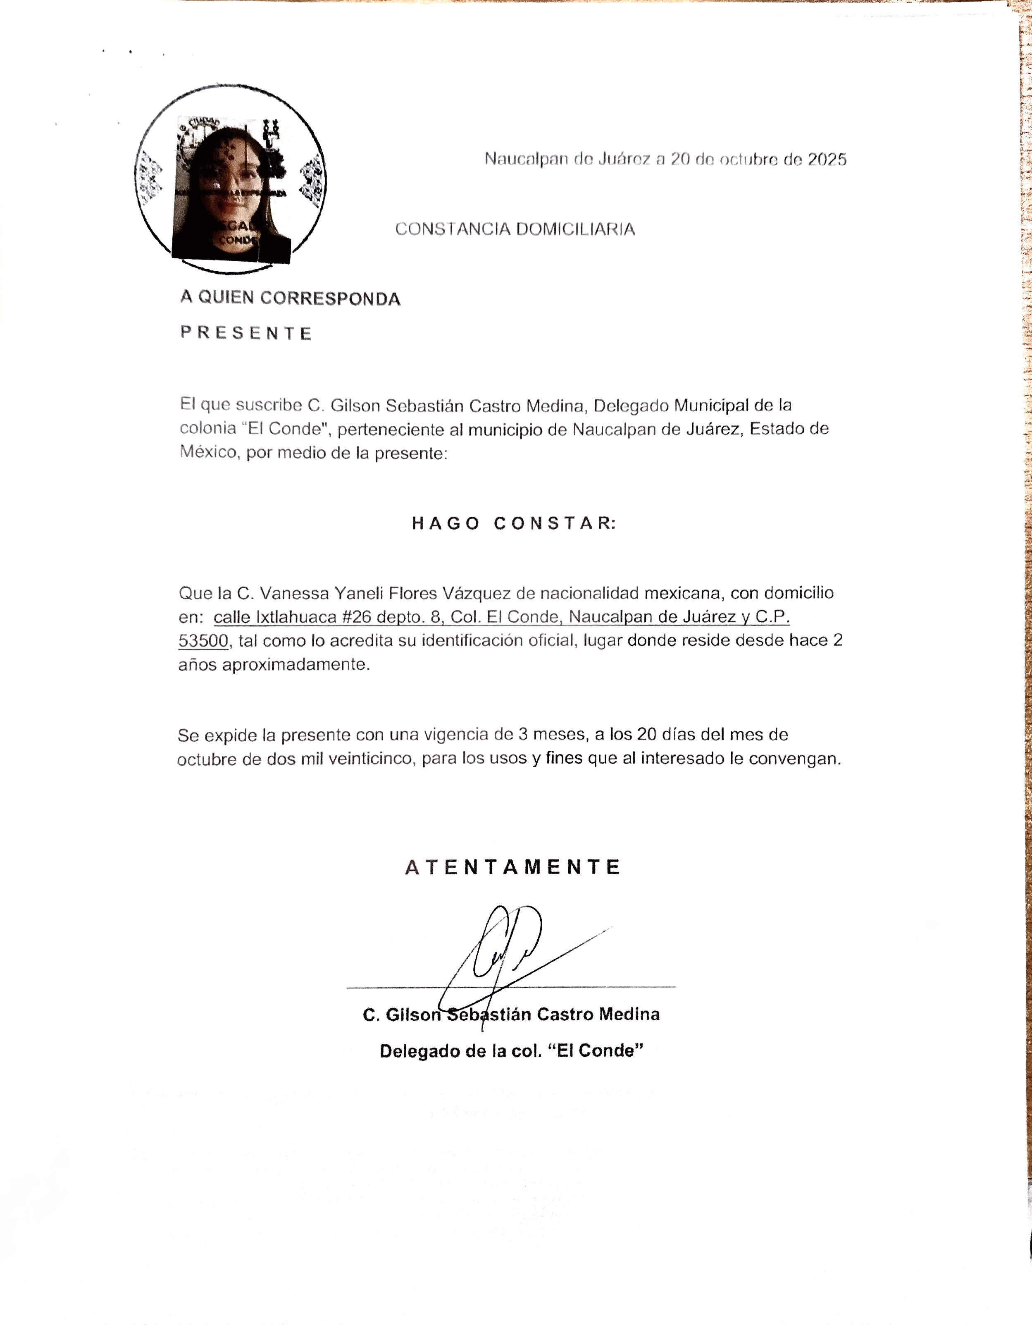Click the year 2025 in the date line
pos(827,160)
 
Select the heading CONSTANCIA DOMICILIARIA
pos(515,229)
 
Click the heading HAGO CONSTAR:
pos(514,523)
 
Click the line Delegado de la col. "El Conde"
pos(511,1051)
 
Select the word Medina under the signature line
pos(629,1015)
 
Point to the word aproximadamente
pos(296,664)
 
